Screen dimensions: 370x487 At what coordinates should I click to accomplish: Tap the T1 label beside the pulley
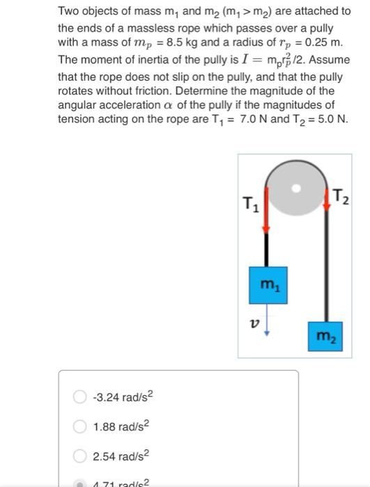click(x=247, y=205)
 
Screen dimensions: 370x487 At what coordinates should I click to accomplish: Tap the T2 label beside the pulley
click(x=342, y=198)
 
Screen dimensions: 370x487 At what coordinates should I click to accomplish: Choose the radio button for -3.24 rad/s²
click(x=80, y=398)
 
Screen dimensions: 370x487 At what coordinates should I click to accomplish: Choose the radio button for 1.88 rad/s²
click(x=80, y=426)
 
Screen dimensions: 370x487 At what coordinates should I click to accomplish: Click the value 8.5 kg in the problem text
click(x=154, y=43)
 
